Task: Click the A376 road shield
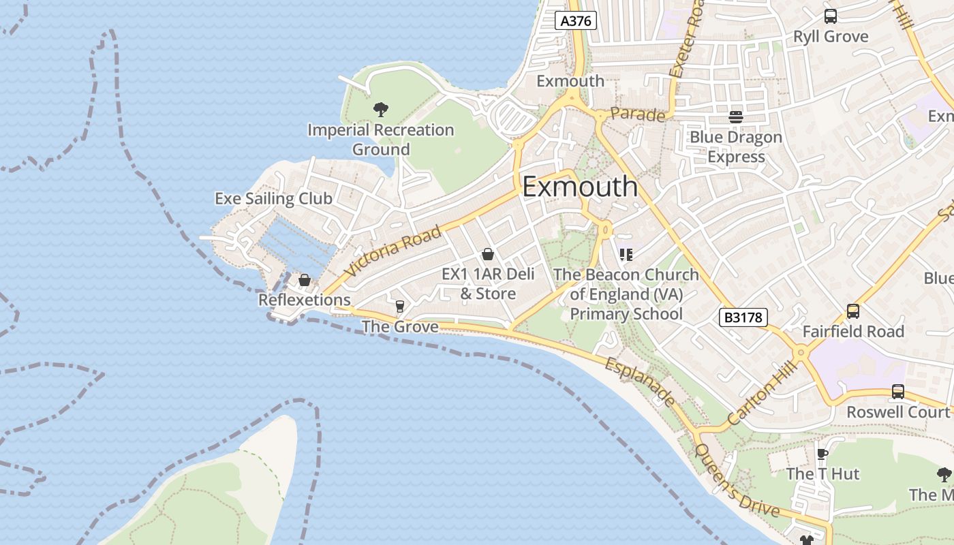[x=576, y=20]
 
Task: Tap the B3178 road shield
[x=743, y=317]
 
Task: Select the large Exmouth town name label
[x=580, y=187]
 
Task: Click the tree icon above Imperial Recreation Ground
[x=381, y=109]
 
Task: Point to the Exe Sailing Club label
[x=273, y=198]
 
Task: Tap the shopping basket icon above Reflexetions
[x=305, y=280]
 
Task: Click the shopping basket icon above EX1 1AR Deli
[x=488, y=255]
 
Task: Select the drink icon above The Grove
[x=400, y=307]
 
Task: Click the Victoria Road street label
[x=393, y=251]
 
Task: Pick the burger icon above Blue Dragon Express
[x=736, y=116]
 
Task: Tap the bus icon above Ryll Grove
[x=831, y=16]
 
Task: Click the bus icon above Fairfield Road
[x=853, y=311]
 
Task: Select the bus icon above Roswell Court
[x=898, y=392]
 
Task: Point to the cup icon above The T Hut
[x=822, y=454]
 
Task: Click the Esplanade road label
[x=640, y=382]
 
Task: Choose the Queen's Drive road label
[x=736, y=480]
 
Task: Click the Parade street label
[x=637, y=114]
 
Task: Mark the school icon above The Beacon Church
[x=626, y=255]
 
